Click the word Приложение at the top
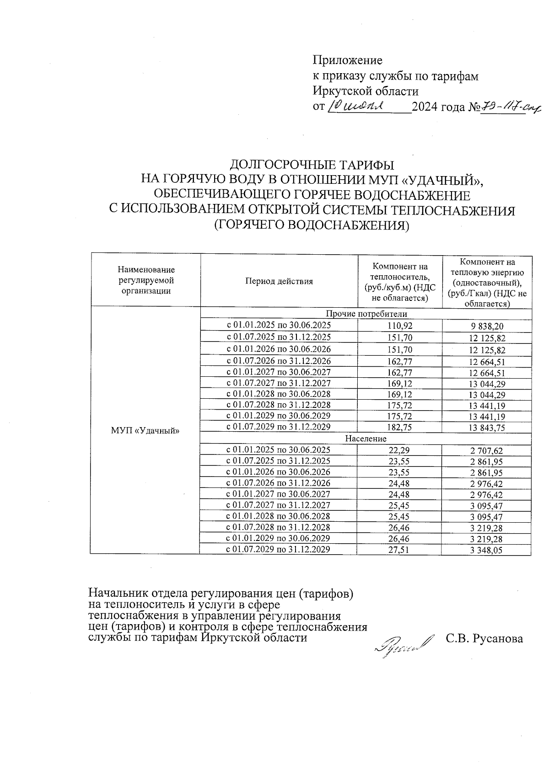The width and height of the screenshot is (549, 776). click(348, 60)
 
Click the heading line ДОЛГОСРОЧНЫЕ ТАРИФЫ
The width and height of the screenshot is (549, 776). click(312, 165)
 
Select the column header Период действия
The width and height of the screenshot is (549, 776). click(279, 281)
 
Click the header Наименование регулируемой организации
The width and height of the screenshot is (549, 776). click(146, 280)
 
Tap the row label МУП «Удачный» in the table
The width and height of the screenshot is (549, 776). click(145, 430)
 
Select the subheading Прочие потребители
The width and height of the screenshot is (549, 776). click(366, 314)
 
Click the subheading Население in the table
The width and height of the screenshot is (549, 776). click(366, 439)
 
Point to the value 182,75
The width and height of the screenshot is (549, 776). click(399, 427)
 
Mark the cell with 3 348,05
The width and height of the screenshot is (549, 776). click(486, 551)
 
